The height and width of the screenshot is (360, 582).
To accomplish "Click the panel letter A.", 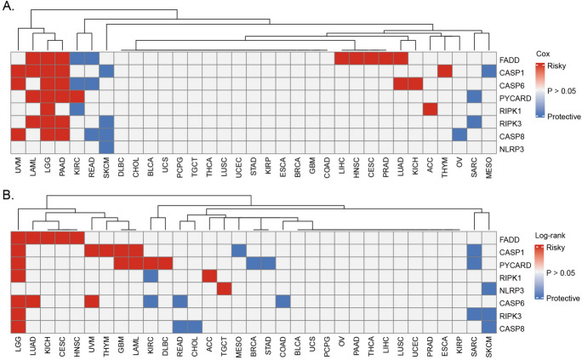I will (7, 6).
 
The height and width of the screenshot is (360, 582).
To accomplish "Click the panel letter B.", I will (7, 187).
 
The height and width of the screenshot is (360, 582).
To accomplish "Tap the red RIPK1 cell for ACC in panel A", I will (430, 110).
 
